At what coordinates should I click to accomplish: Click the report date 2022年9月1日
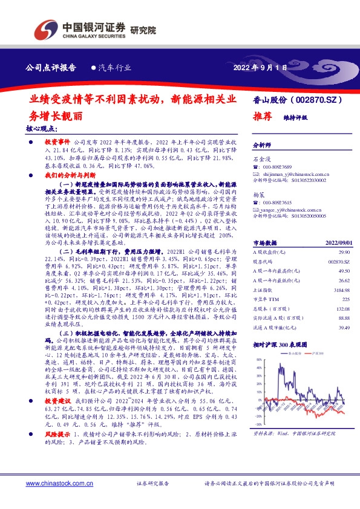[260, 67]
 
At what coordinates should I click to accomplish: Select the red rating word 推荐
[262, 116]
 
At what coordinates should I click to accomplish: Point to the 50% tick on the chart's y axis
[258, 359]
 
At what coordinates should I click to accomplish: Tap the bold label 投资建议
[58, 401]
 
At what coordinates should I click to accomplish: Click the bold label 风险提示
[58, 435]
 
